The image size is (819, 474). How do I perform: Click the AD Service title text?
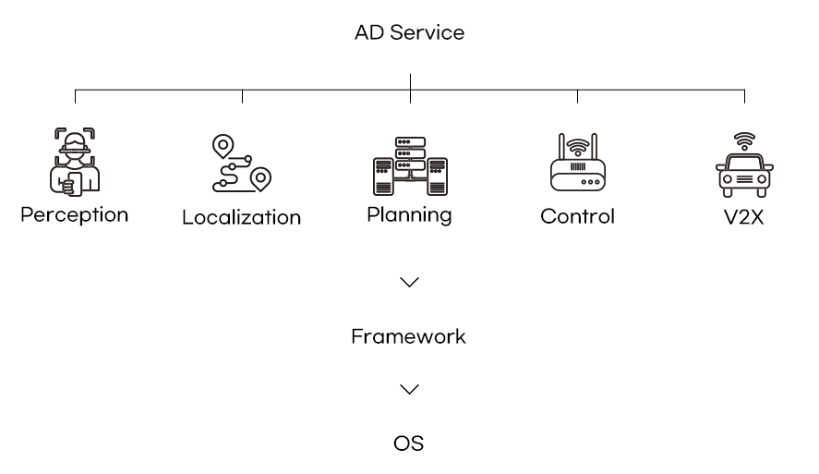click(x=410, y=32)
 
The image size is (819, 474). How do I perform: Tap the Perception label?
click(x=74, y=215)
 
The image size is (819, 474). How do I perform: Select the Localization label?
click(x=241, y=217)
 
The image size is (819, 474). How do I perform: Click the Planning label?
click(x=410, y=215)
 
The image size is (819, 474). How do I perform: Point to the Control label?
click(x=577, y=216)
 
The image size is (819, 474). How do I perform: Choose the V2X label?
click(x=744, y=217)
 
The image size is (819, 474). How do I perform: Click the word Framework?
click(x=408, y=336)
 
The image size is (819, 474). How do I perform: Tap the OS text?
click(x=408, y=444)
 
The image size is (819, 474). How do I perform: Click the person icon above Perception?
click(x=75, y=162)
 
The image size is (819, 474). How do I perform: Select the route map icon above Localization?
click(x=241, y=164)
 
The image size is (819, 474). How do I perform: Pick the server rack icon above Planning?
click(x=410, y=165)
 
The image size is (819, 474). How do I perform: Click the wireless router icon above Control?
click(x=578, y=162)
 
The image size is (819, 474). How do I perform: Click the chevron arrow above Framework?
click(x=410, y=282)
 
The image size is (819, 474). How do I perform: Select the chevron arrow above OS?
click(x=410, y=389)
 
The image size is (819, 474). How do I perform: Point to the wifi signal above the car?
click(x=744, y=141)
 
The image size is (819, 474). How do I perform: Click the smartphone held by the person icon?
click(x=75, y=184)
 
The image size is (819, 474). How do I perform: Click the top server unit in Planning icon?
click(x=410, y=142)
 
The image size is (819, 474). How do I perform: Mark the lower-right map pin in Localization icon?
click(x=260, y=179)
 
